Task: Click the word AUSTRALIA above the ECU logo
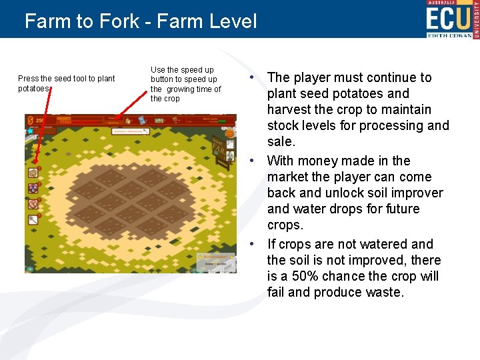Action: (x=447, y=3)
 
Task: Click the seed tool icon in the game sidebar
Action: (x=33, y=172)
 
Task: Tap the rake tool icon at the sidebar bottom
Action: (x=33, y=219)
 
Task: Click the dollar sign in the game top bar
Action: (x=30, y=121)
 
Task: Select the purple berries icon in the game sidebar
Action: (x=33, y=188)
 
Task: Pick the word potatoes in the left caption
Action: (x=33, y=89)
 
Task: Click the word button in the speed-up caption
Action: (x=162, y=79)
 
